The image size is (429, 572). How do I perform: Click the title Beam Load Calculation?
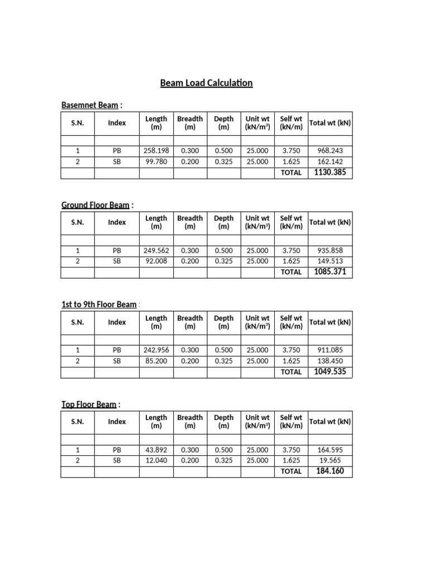pos(206,83)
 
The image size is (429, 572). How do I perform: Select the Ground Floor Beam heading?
pos(95,205)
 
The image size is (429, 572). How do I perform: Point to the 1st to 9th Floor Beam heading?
pos(98,304)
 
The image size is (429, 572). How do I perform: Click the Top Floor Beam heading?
pos(89,404)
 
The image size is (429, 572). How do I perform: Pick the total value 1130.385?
pos(330,173)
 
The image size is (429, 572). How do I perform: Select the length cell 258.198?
pos(156,151)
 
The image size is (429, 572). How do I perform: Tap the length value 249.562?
pos(156,250)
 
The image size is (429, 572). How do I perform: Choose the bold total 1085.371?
pos(330,272)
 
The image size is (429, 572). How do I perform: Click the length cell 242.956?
pos(156,350)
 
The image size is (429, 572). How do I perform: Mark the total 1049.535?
pos(330,371)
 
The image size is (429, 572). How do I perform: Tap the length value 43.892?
pos(156,450)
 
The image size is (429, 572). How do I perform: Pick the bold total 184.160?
pos(330,471)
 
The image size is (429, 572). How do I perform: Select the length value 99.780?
pos(156,162)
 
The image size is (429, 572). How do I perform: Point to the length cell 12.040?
pos(156,460)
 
